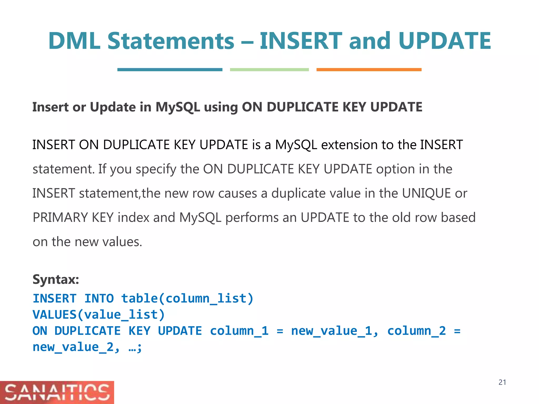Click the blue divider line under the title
tap(170, 70)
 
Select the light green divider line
tap(269, 70)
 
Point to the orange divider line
tap(369, 70)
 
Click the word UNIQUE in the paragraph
tap(426, 193)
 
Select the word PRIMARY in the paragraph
tap(60, 218)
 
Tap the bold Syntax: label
tap(56, 279)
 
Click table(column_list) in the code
tap(187, 299)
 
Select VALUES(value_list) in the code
tap(99, 315)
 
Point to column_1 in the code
tap(239, 331)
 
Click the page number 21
tap(502, 382)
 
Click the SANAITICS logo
tap(57, 392)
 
